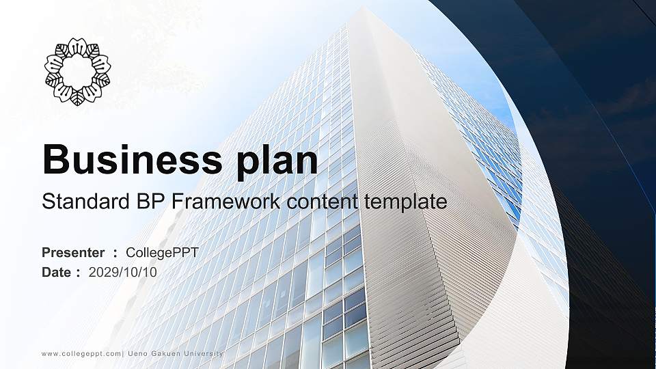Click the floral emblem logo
coord(77,71)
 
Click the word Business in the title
coord(132,159)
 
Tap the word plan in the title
coord(277,161)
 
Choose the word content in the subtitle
coord(322,202)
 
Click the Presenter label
coord(73,253)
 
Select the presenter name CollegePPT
coord(162,253)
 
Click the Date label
coord(57,273)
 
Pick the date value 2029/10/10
coord(122,273)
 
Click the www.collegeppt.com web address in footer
coord(81,354)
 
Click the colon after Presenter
coord(115,254)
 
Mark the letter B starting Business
coord(55,159)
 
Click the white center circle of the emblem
coord(77,71)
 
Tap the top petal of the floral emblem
coord(77,46)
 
